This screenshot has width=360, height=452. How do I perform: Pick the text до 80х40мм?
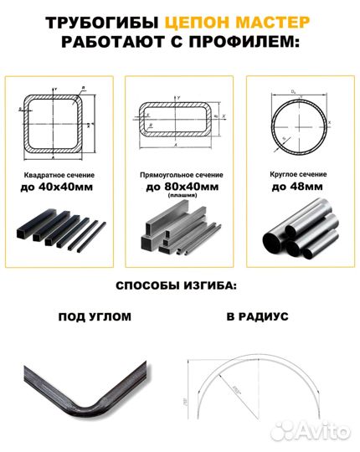point(179,187)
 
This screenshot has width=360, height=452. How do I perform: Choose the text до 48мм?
point(299,187)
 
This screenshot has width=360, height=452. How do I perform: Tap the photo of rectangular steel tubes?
point(179,234)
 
